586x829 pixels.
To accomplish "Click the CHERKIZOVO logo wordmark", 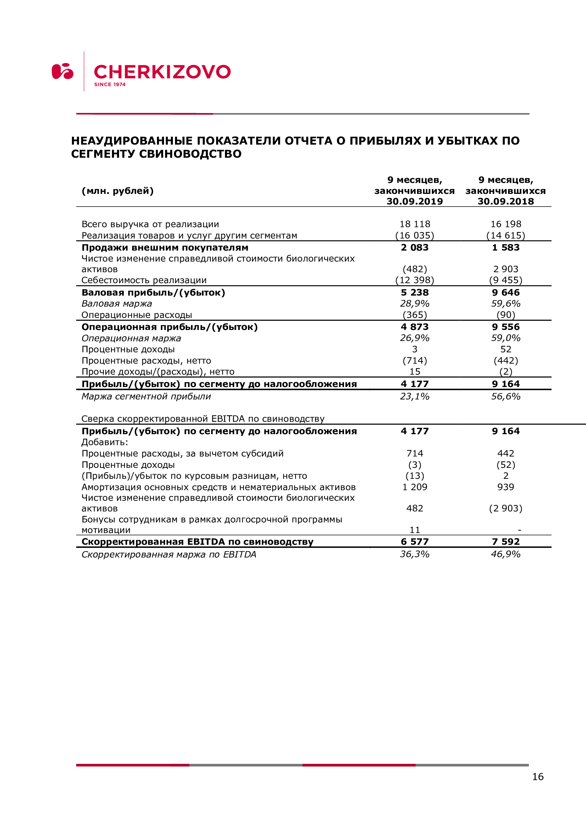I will pos(162,72).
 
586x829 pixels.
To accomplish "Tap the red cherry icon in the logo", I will pos(62,71).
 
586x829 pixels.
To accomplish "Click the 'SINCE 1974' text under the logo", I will pos(110,84).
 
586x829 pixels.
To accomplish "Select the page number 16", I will pos(538,777).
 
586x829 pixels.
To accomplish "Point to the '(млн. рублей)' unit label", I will pos(118,191).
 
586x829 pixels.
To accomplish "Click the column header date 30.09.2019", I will pos(415,201).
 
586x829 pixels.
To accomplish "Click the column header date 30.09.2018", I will pos(506,201).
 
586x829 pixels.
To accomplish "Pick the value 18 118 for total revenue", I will pos(415,224).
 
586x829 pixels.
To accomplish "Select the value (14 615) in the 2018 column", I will pos(506,235).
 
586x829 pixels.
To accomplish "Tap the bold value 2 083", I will pos(415,248).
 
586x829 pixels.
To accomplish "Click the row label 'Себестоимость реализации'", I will pos(144,280).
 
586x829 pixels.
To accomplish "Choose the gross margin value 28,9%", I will pos(415,304).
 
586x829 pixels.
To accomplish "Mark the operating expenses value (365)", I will pos(415,315).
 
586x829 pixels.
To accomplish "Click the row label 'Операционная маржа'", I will pos(131,338).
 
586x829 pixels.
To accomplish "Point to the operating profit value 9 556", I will pos(506,327).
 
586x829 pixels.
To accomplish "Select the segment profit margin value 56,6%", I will pos(506,397).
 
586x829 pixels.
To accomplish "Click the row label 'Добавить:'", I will pos(105,442).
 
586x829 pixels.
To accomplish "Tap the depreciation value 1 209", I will pos(415,487).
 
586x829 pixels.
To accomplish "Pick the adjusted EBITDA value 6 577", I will pos(415,542).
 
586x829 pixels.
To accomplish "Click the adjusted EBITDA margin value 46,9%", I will pos(506,554).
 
